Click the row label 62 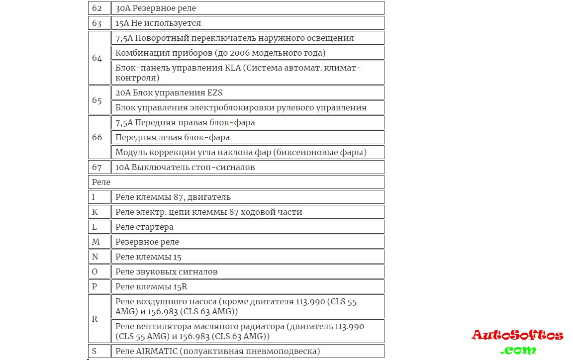coord(96,8)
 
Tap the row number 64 coord(96,58)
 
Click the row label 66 coord(96,137)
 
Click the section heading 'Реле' coord(101,182)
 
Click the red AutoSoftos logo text coord(517,335)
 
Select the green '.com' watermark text coord(518,350)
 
